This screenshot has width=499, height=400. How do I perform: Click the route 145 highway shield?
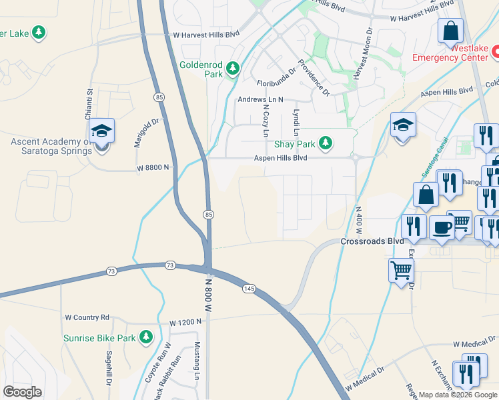pyautogui.click(x=249, y=288)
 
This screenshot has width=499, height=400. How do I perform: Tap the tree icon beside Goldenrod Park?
pyautogui.click(x=233, y=67)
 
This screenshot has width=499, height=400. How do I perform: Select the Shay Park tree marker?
pyautogui.click(x=325, y=143)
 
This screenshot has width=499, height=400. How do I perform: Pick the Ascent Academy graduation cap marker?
pyautogui.click(x=101, y=131)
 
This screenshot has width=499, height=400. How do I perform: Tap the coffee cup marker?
pyautogui.click(x=441, y=227)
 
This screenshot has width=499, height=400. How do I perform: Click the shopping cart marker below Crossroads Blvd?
pyautogui.click(x=401, y=270)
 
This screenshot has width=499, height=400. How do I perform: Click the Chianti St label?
pyautogui.click(x=88, y=104)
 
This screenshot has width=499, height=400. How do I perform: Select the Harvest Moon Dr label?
pyautogui.click(x=366, y=53)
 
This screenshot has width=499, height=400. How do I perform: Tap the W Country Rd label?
pyautogui.click(x=87, y=317)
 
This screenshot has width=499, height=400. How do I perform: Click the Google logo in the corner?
pyautogui.click(x=23, y=391)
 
